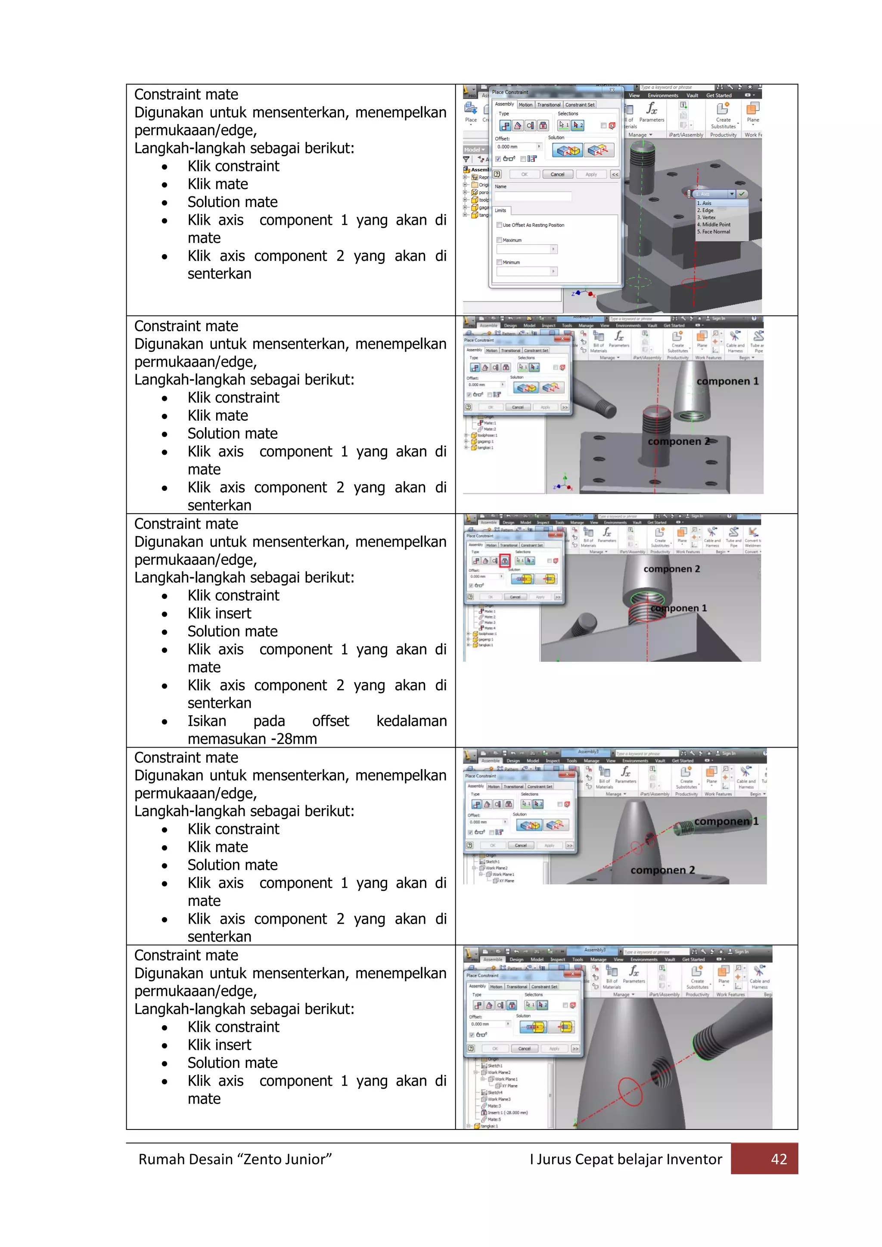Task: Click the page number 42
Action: point(779,1159)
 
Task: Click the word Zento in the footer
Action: point(262,1160)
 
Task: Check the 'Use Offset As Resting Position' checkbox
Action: point(499,225)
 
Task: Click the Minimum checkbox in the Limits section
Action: point(499,262)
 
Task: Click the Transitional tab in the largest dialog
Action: point(549,105)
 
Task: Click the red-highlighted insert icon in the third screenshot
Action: point(505,561)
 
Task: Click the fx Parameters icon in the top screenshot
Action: point(651,112)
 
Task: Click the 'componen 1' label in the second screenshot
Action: point(727,381)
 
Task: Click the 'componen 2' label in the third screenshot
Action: point(671,569)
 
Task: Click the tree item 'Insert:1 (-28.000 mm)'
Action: point(507,1112)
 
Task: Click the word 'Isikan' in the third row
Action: point(207,721)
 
